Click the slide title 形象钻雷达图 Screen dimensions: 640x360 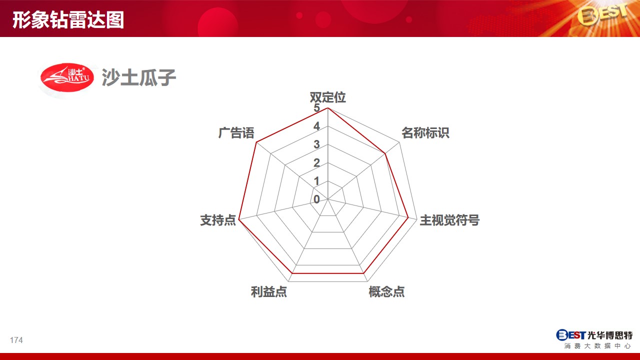(x=68, y=19)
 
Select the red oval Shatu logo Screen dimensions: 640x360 (x=67, y=77)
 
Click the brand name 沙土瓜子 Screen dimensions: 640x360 (x=139, y=77)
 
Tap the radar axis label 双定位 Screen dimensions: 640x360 (x=327, y=97)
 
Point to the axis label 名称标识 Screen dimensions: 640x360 (x=425, y=133)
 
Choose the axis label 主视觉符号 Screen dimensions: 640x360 (x=449, y=220)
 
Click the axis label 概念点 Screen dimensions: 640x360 (x=386, y=291)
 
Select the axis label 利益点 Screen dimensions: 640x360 (x=269, y=291)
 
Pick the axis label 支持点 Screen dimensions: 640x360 (x=218, y=220)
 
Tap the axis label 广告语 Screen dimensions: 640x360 (x=236, y=133)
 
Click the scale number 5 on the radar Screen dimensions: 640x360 (x=316, y=107)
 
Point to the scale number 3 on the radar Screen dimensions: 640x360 (x=316, y=144)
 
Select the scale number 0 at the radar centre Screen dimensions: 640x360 (x=316, y=199)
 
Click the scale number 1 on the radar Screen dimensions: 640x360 (x=316, y=181)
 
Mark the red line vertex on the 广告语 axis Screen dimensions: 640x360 (x=256, y=142)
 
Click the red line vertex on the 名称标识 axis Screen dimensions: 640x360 (x=385, y=153)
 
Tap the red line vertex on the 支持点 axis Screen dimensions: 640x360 (x=239, y=219)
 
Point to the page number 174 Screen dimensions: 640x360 (x=16, y=340)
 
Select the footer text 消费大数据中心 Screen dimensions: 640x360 (x=597, y=346)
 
